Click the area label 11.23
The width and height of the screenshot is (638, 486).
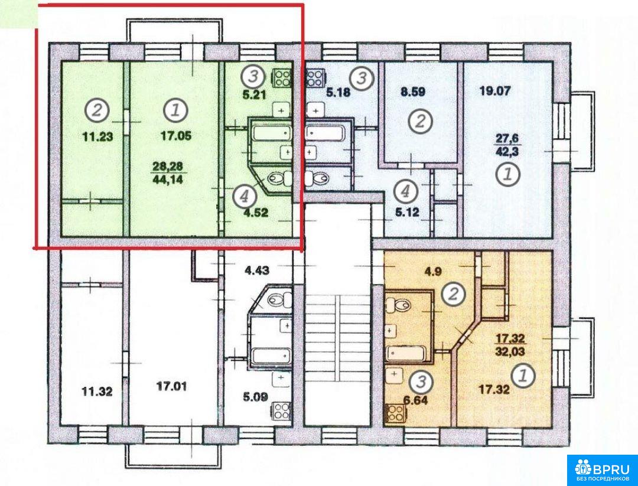pyautogui.click(x=97, y=137)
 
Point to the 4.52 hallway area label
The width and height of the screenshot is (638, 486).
pyautogui.click(x=256, y=213)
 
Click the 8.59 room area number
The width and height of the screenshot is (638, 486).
pyautogui.click(x=412, y=92)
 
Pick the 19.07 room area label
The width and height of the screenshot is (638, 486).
pyautogui.click(x=495, y=91)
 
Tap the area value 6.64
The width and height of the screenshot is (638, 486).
pyautogui.click(x=415, y=400)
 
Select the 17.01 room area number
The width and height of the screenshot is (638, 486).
pyautogui.click(x=172, y=385)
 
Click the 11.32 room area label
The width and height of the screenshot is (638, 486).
pyautogui.click(x=97, y=392)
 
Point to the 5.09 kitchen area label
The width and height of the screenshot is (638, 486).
pyautogui.click(x=256, y=396)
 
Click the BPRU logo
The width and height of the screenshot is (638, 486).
pyautogui.click(x=602, y=470)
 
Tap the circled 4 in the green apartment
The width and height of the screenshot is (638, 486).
pyautogui.click(x=245, y=197)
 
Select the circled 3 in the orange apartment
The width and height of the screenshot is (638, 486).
pyautogui.click(x=421, y=383)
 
